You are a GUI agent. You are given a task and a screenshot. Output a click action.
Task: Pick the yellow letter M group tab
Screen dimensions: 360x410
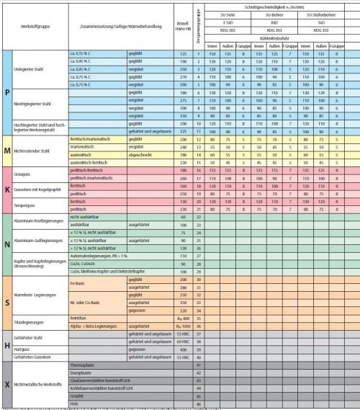[x=6, y=150]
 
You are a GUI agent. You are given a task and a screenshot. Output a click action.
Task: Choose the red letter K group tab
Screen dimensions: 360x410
[x=6, y=189]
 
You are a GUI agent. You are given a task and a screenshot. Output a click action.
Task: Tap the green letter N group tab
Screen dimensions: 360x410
[x=6, y=242]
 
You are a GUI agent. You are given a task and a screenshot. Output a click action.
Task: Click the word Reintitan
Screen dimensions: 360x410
[x=78, y=318]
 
